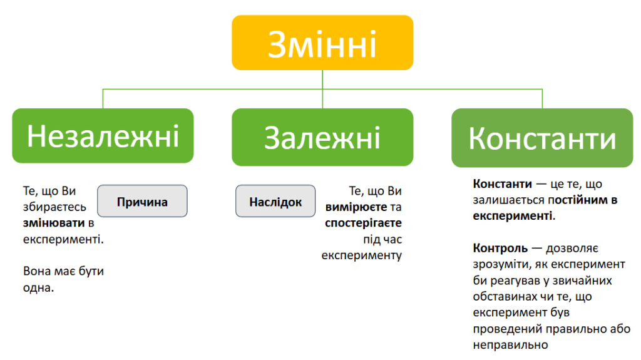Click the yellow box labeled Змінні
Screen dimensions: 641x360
(x=322, y=43)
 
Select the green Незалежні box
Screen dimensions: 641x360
(x=103, y=136)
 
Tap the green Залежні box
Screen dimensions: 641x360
(x=322, y=137)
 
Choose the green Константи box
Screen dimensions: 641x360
(x=542, y=138)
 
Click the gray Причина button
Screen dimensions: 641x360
(x=142, y=201)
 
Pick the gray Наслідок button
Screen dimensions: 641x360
(x=275, y=201)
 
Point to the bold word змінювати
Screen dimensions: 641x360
(x=54, y=223)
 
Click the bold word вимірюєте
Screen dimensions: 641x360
(x=356, y=207)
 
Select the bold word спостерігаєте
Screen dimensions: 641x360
(x=364, y=224)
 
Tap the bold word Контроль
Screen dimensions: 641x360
(x=500, y=249)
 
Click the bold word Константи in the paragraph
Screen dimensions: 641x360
(x=503, y=184)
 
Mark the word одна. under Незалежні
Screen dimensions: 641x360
(x=38, y=288)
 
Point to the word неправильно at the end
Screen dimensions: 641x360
(x=510, y=345)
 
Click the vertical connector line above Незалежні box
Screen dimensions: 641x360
(x=103, y=98)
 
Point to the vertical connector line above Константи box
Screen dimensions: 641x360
(x=542, y=98)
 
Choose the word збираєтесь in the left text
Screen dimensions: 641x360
(x=54, y=207)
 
